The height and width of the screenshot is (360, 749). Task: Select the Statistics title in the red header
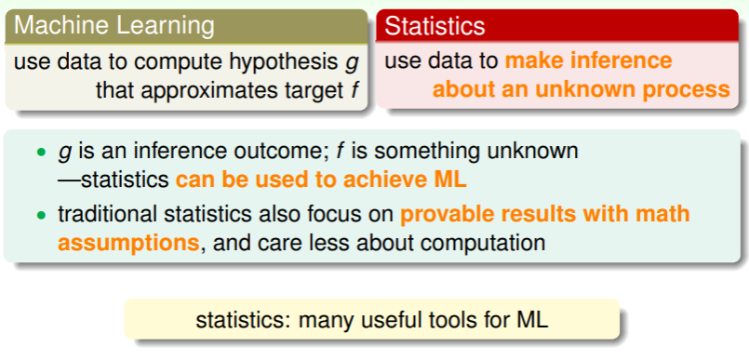pyautogui.click(x=435, y=26)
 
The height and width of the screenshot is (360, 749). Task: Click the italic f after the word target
pyautogui.click(x=354, y=89)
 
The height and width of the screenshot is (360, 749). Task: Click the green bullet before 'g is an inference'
pyautogui.click(x=42, y=153)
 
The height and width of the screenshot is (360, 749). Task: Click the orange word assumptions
pyautogui.click(x=128, y=244)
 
